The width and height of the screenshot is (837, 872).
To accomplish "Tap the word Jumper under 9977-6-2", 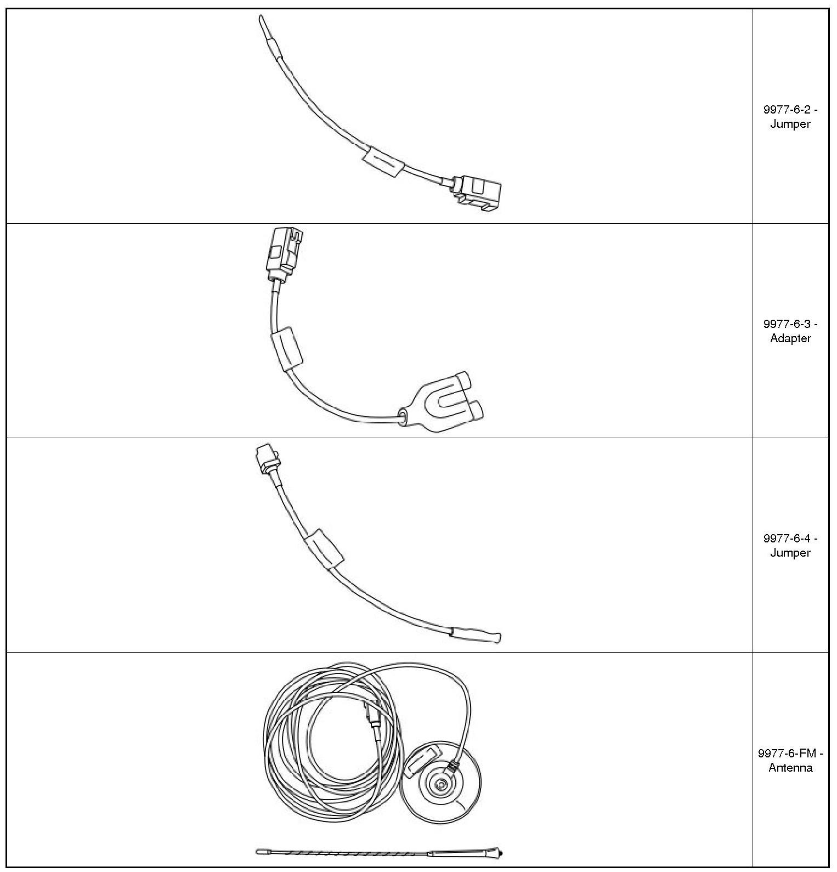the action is point(790,124).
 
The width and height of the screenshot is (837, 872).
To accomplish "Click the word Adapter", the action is point(790,338).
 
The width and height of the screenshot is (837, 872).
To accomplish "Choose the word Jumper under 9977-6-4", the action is point(790,553).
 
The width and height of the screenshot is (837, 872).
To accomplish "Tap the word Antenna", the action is point(790,768).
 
